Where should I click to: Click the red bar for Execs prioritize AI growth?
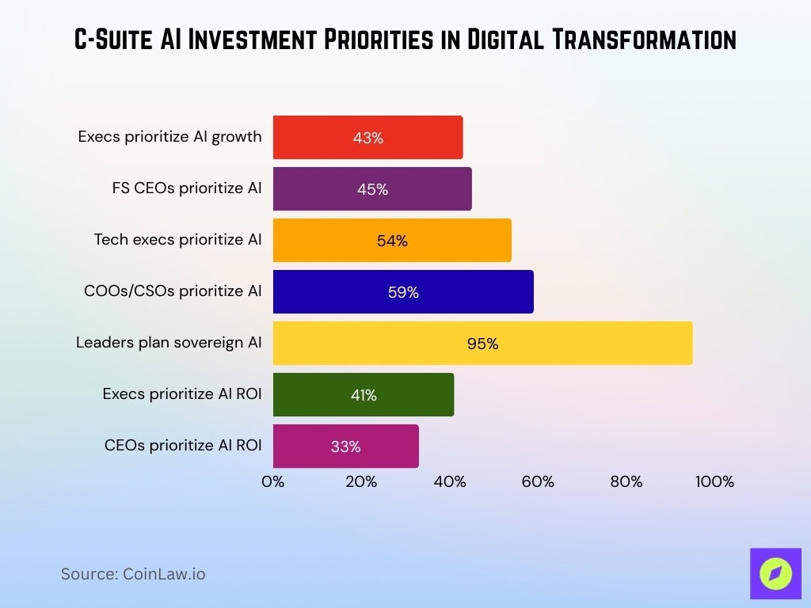(367, 137)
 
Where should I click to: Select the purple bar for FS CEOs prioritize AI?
(372, 188)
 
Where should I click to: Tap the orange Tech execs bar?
(392, 240)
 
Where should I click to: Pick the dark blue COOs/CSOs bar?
(403, 291)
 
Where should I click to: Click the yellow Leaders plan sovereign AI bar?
(482, 343)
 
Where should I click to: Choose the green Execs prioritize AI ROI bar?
(364, 394)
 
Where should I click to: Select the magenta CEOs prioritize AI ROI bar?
(346, 446)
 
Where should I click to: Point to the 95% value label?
(482, 344)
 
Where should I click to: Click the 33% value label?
(346, 446)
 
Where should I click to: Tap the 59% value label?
(403, 292)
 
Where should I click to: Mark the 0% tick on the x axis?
(273, 481)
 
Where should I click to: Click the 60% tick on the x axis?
(538, 481)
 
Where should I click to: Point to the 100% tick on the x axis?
(714, 481)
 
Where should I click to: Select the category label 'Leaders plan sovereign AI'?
(169, 343)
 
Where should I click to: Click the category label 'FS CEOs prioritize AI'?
(187, 188)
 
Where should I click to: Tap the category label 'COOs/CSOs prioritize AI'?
(173, 291)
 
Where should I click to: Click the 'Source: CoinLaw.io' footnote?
(133, 574)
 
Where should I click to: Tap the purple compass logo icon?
(775, 573)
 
